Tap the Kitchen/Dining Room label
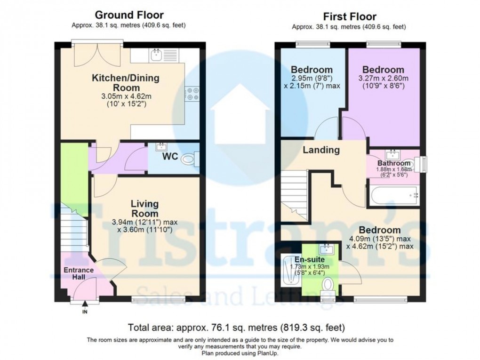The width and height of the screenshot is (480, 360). [x=125, y=83]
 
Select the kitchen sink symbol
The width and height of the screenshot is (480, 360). [x=157, y=56]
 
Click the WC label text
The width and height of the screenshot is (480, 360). [x=170, y=156]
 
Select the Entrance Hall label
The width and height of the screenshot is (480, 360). [x=79, y=274]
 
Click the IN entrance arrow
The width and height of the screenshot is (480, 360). [x=85, y=307]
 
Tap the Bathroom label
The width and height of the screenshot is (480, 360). [x=393, y=163]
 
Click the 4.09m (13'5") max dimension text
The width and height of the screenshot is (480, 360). [x=380, y=239]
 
